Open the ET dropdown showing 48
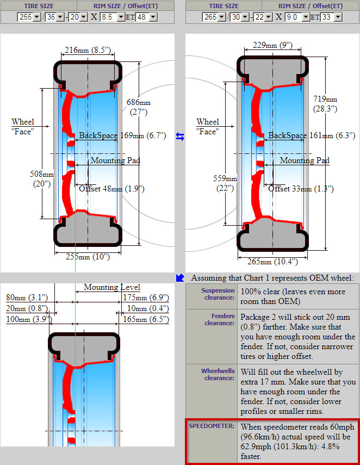[x=146, y=17]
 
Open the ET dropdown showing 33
[x=331, y=17]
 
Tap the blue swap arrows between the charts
[x=180, y=137]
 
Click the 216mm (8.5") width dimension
[x=87, y=50]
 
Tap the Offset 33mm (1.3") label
[x=301, y=189]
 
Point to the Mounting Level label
[x=111, y=287]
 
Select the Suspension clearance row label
[x=218, y=294]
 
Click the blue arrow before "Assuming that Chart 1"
[x=180, y=278]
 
